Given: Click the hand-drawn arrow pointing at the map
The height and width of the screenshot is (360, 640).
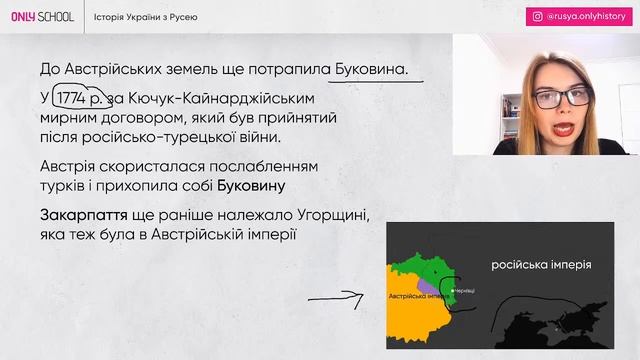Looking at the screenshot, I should tap(335, 298).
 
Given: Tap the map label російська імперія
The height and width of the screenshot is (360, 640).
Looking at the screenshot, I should tap(540, 265).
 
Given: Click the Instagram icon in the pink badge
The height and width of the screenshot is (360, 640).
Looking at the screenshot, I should tap(538, 17).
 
